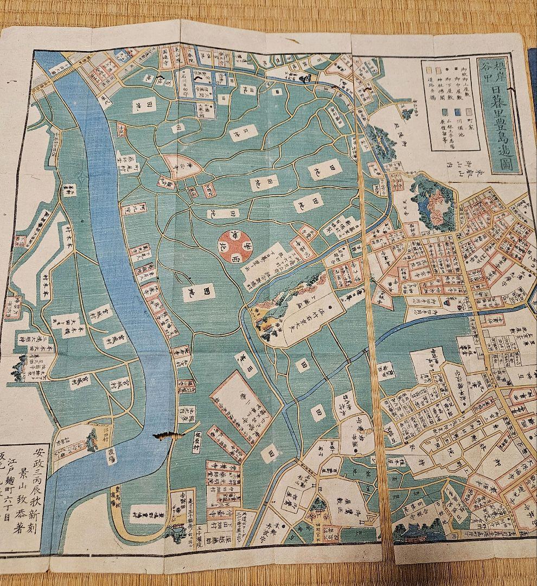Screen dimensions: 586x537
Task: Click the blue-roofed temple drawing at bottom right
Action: tap(418, 534)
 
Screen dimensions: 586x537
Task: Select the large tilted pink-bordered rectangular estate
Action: tap(239, 402)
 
